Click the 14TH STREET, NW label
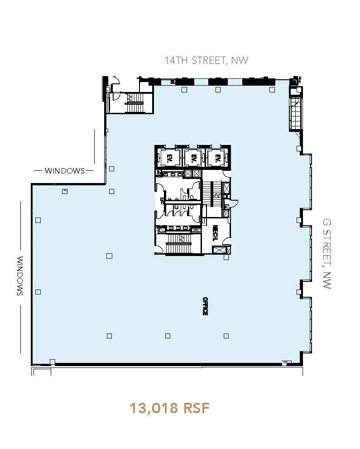pos(206,61)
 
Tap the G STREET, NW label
pos(327,254)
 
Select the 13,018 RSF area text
pos(170,408)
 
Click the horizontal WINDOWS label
pos(64,171)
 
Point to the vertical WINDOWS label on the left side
pos(20,276)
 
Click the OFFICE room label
pos(205,306)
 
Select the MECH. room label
pos(216,234)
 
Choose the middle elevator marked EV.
pos(193,158)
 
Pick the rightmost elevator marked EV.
pos(217,158)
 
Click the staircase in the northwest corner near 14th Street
pos(134,103)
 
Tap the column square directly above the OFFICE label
pos(226,258)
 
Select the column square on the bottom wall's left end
pos(53,362)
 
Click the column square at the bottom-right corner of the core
pos(226,258)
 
